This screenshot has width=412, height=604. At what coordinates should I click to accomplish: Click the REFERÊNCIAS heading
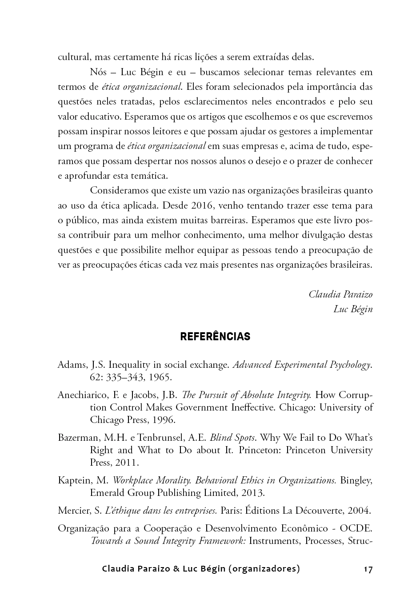215,337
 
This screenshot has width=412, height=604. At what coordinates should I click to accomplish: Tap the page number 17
368,569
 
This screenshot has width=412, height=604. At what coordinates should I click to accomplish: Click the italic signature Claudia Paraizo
340,294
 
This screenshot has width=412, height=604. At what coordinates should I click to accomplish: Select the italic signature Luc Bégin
353,309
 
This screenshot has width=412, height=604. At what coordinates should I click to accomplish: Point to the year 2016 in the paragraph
202,205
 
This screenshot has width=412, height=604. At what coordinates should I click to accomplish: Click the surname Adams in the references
72,365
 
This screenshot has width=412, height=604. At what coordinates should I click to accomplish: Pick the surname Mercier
73,511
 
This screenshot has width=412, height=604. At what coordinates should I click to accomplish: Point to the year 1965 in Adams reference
160,378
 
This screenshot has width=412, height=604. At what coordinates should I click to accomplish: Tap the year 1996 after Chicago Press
165,420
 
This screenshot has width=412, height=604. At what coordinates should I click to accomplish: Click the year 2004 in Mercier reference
359,511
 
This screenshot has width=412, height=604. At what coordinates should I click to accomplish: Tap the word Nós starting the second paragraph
98,72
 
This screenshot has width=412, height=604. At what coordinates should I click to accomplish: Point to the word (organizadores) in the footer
264,569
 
